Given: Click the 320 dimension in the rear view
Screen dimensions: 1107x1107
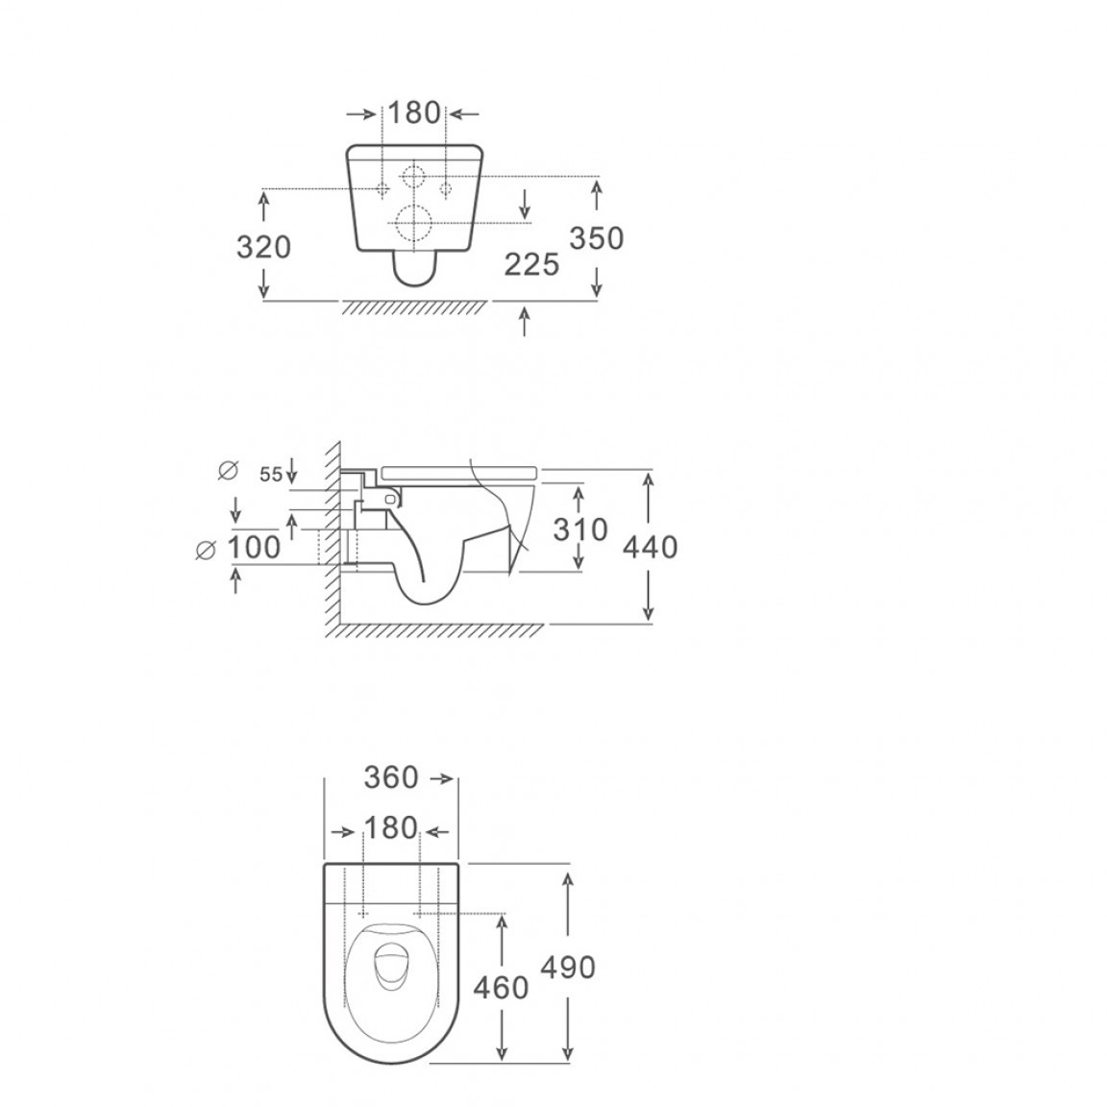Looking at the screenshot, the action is pyautogui.click(x=263, y=247).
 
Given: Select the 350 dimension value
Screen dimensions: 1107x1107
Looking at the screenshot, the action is pyautogui.click(x=597, y=238).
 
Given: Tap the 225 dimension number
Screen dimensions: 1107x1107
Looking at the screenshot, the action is pyautogui.click(x=531, y=265).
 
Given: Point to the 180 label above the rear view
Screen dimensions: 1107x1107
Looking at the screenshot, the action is pyautogui.click(x=414, y=113).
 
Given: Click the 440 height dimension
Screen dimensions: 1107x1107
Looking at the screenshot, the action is pyautogui.click(x=651, y=547).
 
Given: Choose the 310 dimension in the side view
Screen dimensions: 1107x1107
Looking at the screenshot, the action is pyautogui.click(x=580, y=529).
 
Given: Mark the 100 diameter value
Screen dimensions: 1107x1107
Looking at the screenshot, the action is pyautogui.click(x=254, y=547).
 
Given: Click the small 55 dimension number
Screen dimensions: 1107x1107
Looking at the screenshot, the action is pyautogui.click(x=270, y=475).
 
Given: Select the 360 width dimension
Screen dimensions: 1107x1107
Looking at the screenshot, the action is pyautogui.click(x=391, y=778).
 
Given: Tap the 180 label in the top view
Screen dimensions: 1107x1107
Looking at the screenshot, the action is pyautogui.click(x=391, y=828).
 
